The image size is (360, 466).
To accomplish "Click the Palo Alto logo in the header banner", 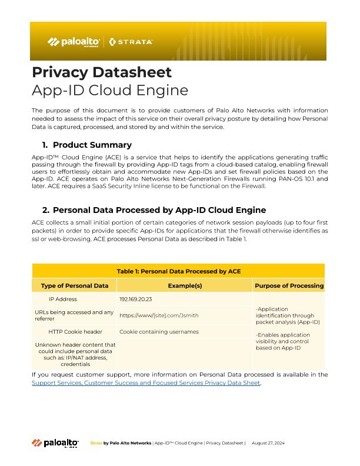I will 74,42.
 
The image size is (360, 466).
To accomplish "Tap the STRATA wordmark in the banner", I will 131,42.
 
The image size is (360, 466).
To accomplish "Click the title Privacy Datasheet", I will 101,72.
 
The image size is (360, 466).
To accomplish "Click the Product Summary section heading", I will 92,145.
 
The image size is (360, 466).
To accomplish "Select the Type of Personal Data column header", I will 74,285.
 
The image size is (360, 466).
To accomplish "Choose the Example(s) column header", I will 185,285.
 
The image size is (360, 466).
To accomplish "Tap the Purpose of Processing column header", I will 289,285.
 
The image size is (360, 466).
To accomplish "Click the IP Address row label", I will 74,299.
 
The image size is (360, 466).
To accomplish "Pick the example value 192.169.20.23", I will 136,299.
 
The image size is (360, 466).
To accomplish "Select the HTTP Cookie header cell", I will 74,331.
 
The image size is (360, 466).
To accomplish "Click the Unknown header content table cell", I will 74,353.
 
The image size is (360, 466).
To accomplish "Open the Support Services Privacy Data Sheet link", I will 146,383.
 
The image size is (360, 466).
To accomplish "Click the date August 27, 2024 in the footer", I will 268,442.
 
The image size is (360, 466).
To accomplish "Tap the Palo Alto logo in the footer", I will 55,442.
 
